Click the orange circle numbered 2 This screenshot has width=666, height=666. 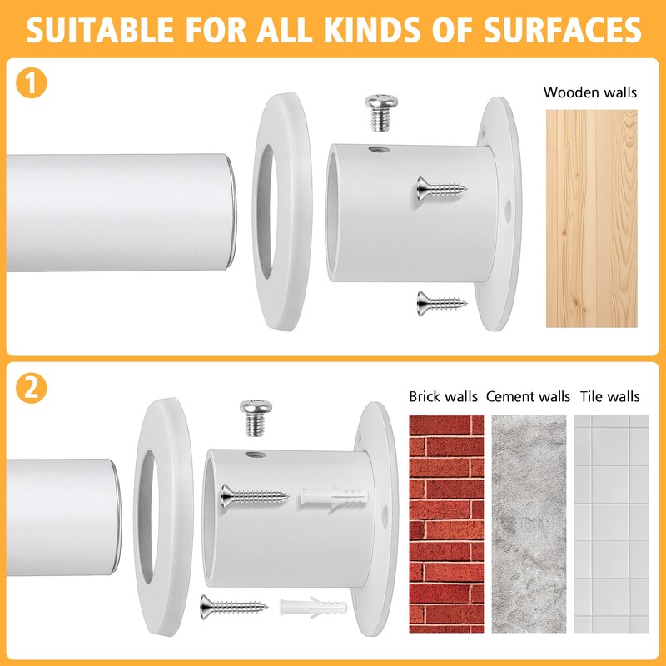pyautogui.click(x=31, y=388)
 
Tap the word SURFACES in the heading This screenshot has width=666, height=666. pyautogui.click(x=563, y=30)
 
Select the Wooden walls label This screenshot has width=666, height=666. pyautogui.click(x=590, y=92)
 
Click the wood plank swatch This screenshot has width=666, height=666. pyautogui.click(x=592, y=218)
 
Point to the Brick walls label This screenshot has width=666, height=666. pyautogui.click(x=443, y=396)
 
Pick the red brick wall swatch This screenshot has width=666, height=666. pyautogui.click(x=446, y=524)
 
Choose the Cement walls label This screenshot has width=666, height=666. pyautogui.click(x=528, y=396)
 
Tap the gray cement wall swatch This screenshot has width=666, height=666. pyautogui.click(x=529, y=524)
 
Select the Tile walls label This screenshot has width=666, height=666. pyautogui.click(x=610, y=396)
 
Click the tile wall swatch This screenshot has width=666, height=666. pyautogui.click(x=612, y=524)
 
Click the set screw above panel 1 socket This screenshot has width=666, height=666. pyautogui.click(x=381, y=112)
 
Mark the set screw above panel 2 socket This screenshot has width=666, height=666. pyautogui.click(x=256, y=418)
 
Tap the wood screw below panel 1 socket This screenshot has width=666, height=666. pyautogui.click(x=442, y=303)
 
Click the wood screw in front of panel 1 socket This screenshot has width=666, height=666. pyautogui.click(x=442, y=189)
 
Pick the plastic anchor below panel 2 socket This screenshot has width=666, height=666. pyautogui.click(x=313, y=608)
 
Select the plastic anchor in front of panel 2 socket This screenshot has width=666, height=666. pyautogui.click(x=335, y=496)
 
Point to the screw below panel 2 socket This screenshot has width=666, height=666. pyautogui.click(x=234, y=607)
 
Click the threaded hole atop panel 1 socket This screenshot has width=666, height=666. pyautogui.click(x=380, y=149)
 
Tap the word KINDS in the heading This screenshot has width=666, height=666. pyautogui.click(x=371, y=30)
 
